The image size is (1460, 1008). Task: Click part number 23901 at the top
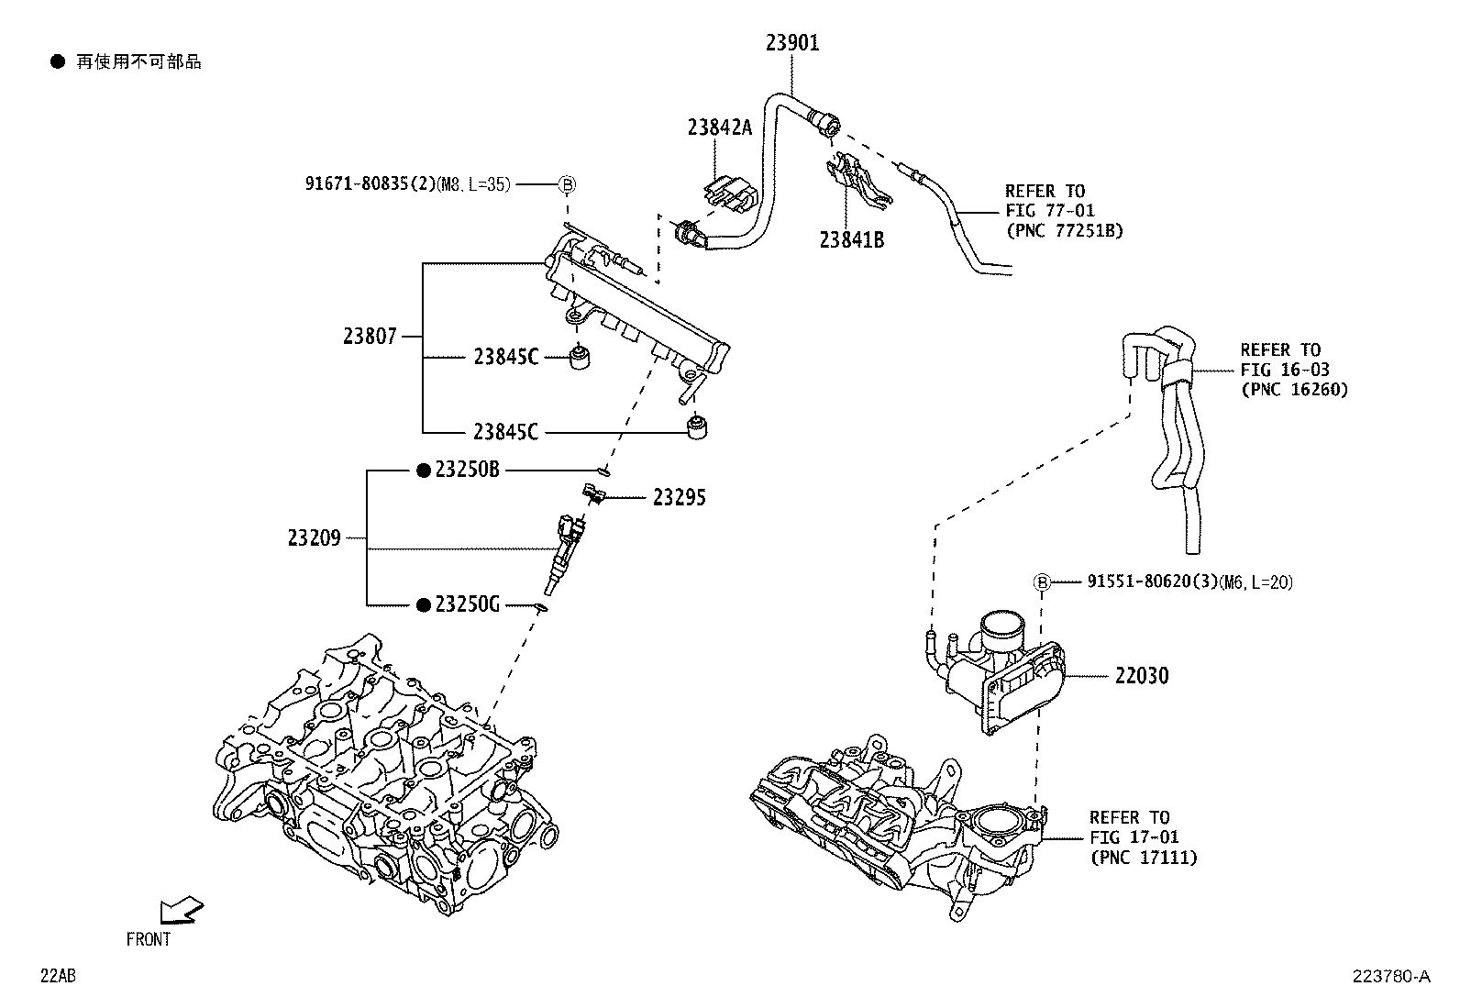click(x=792, y=42)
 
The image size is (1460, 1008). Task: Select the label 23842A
click(x=719, y=127)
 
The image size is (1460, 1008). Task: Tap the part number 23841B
click(x=851, y=240)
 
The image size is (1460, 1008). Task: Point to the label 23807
click(x=371, y=337)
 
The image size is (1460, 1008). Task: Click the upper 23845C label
click(x=506, y=357)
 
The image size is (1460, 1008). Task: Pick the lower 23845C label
click(x=506, y=431)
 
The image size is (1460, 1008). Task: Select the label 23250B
click(x=467, y=470)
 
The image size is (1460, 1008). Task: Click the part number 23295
click(x=680, y=498)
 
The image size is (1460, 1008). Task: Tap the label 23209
click(x=315, y=538)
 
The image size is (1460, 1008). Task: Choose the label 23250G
click(x=467, y=605)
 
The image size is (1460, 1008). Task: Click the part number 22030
click(x=1142, y=676)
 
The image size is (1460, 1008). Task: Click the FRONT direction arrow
click(x=180, y=910)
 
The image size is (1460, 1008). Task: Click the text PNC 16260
click(x=1294, y=389)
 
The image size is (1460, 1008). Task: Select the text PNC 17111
click(x=1143, y=858)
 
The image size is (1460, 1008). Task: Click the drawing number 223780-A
click(x=1388, y=977)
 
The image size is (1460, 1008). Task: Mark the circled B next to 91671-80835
click(x=567, y=183)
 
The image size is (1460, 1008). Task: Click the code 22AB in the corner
click(x=58, y=976)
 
